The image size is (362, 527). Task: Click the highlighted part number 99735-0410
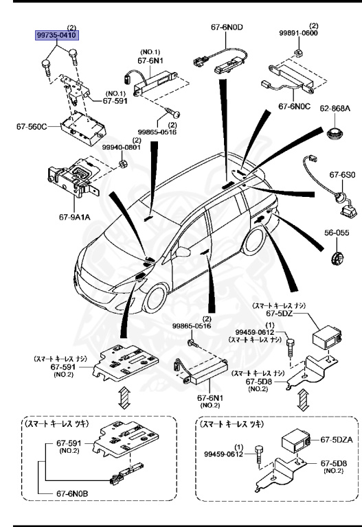57,34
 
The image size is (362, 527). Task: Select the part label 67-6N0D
227,27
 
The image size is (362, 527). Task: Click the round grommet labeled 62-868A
335,133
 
